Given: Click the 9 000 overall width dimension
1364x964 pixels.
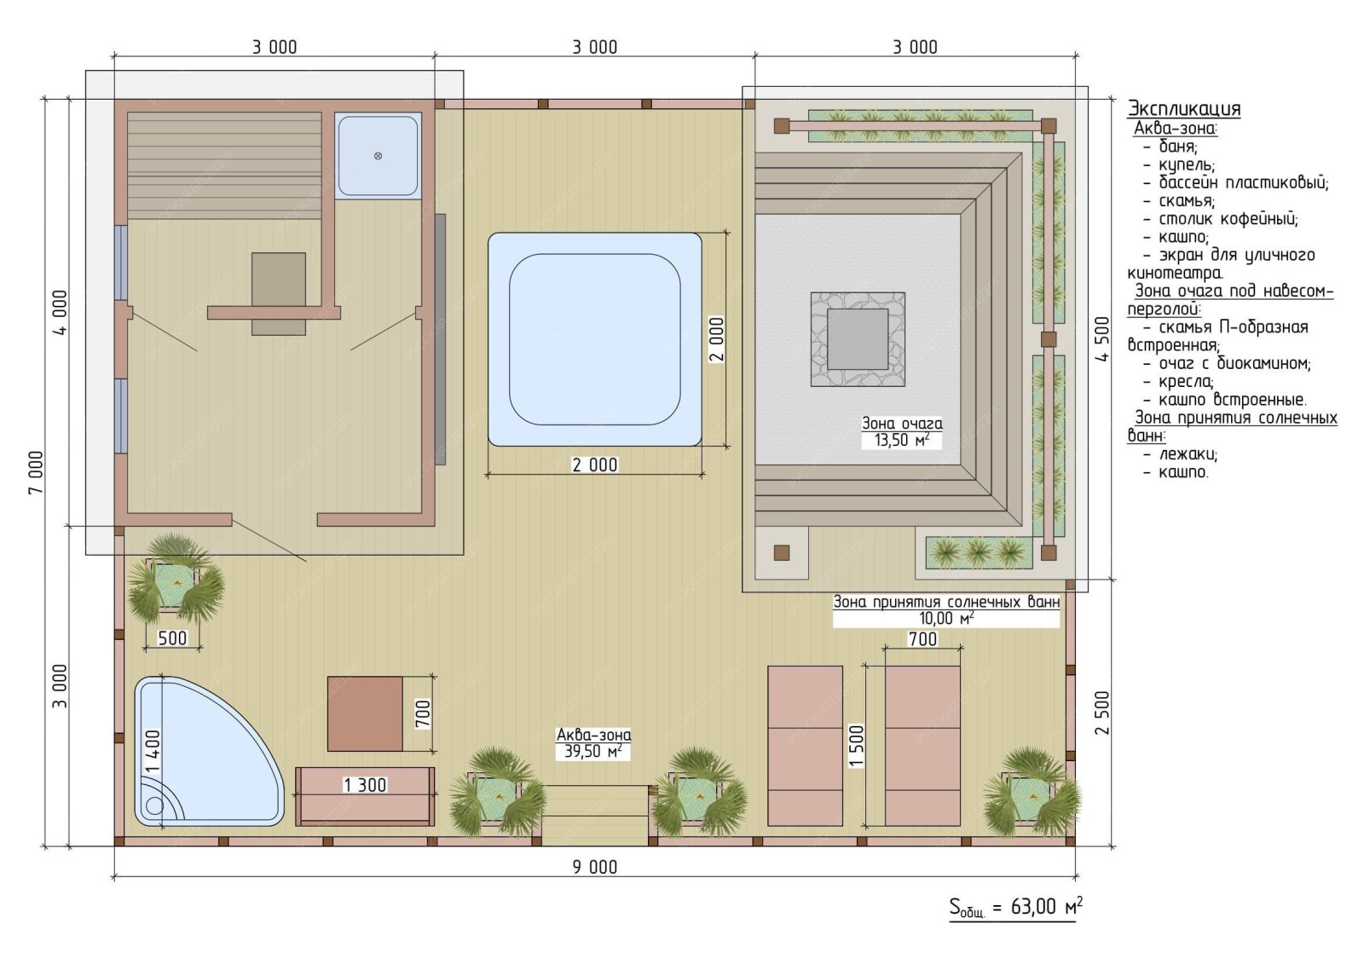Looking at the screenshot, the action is pyautogui.click(x=594, y=867).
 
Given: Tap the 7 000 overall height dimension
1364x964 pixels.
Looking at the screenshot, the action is pyautogui.click(x=37, y=472).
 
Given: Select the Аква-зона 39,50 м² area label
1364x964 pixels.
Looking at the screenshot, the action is pyautogui.click(x=593, y=743).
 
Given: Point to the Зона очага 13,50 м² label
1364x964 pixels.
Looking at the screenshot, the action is pyautogui.click(x=902, y=432).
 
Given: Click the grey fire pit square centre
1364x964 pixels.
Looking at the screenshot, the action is pyautogui.click(x=858, y=339).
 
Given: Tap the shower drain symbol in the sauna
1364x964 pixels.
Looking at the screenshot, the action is pyautogui.click(x=378, y=156).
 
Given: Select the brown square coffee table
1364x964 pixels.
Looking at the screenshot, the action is pyautogui.click(x=365, y=713).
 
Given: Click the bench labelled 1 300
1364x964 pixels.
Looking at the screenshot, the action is pyautogui.click(x=365, y=797).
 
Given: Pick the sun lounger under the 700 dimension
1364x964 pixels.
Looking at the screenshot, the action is pyautogui.click(x=922, y=746).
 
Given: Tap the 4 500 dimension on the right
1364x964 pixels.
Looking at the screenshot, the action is pyautogui.click(x=1103, y=339).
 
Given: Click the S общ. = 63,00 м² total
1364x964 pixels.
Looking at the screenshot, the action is pyautogui.click(x=1015, y=908).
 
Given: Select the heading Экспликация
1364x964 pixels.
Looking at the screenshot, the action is pyautogui.click(x=1184, y=108).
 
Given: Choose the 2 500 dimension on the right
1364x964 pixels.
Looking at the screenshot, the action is pyautogui.click(x=1103, y=713).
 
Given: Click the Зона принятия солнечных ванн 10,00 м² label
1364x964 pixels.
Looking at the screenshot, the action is pyautogui.click(x=946, y=610).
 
